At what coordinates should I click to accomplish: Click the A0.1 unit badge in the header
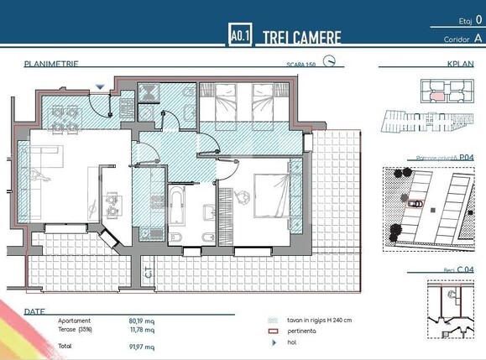[x=239, y=36]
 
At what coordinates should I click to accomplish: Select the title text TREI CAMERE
[x=302, y=38]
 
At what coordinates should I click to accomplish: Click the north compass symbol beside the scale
[x=331, y=61]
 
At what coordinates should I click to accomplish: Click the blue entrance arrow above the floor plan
[x=100, y=86]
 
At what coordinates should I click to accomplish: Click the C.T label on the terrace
[x=148, y=273]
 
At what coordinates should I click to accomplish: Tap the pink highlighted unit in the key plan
[x=436, y=95]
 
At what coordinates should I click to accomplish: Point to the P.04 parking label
[x=467, y=157]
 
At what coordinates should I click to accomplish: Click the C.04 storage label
[x=467, y=269]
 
